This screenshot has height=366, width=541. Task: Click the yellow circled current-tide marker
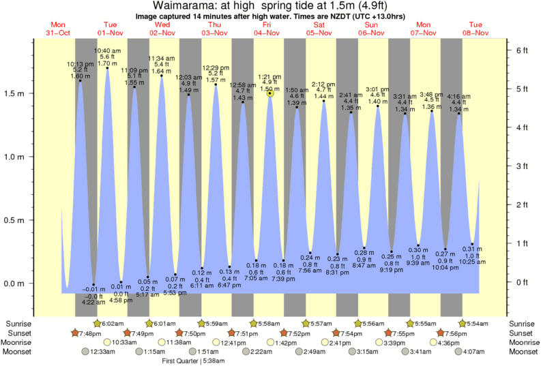tap(270, 93)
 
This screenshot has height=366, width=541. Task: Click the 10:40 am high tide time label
tap(107, 50)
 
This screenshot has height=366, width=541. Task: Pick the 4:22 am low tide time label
tap(93, 302)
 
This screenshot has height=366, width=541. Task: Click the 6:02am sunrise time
tap(113, 323)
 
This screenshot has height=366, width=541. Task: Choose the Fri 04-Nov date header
tap(267, 29)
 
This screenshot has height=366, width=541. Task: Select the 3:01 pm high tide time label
tap(377, 89)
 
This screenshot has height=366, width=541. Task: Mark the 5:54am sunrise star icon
tap(463, 323)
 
